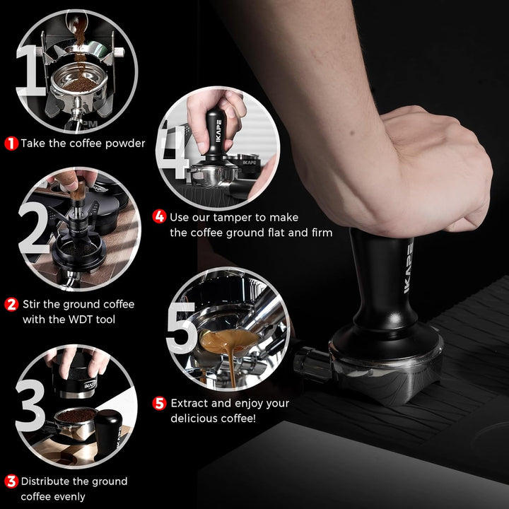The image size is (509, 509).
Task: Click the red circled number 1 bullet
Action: (x=11, y=144)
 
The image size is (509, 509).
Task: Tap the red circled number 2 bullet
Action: (x=11, y=305)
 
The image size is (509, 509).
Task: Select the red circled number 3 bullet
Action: (x=11, y=481)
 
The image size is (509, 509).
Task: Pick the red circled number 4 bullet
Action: (x=160, y=217)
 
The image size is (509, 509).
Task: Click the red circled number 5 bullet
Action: (x=160, y=404)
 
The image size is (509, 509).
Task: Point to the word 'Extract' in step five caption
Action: (x=192, y=404)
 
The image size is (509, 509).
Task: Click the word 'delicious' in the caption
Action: (x=195, y=419)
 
